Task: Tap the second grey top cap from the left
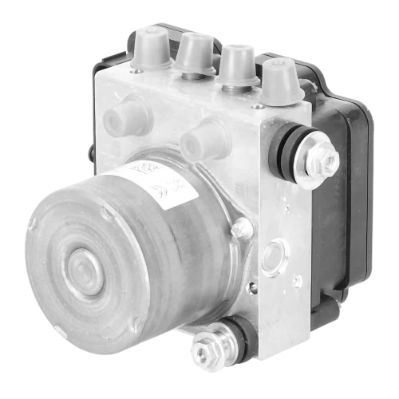click(x=195, y=53)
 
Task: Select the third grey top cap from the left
click(x=237, y=64)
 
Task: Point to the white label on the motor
click(x=164, y=179)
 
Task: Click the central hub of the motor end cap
click(x=81, y=264)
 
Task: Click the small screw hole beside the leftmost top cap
click(x=137, y=72)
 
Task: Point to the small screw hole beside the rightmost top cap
click(x=257, y=105)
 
